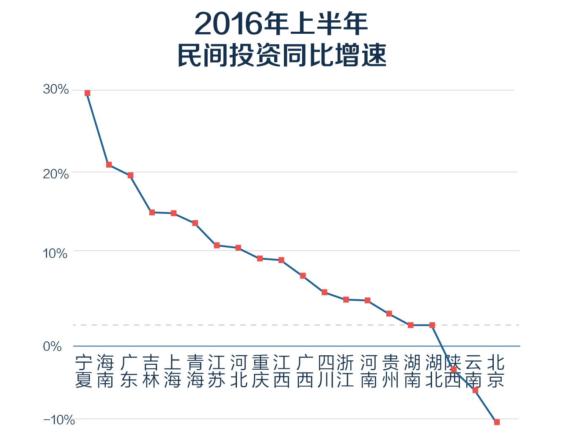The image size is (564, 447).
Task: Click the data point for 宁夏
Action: (87, 93)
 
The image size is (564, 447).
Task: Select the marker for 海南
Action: (109, 165)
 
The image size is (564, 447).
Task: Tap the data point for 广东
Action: (130, 175)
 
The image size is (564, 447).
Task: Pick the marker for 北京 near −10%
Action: (497, 422)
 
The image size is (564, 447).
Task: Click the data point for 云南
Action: (475, 390)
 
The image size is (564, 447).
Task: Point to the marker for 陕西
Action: (454, 370)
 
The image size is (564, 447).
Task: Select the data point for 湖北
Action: (432, 325)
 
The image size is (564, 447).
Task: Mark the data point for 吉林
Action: (152, 213)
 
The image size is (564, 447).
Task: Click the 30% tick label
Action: (55, 89)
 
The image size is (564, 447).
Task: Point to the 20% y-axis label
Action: (55, 174)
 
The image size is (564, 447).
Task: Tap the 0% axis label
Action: (52, 346)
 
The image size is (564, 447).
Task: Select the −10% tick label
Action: (59, 420)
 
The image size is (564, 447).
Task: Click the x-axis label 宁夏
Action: (84, 371)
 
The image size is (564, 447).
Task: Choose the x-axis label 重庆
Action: (260, 371)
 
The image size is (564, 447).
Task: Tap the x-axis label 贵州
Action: (390, 371)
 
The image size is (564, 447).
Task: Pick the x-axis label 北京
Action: (496, 371)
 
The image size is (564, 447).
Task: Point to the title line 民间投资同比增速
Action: (282, 55)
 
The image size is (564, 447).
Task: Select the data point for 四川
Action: (325, 292)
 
